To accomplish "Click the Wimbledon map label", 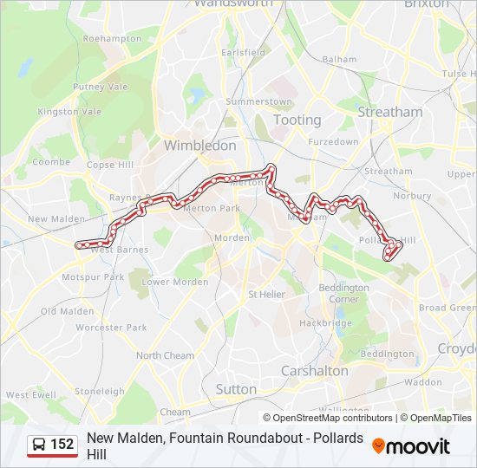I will [x=199, y=146].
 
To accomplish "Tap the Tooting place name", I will [x=297, y=120].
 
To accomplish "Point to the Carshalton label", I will [x=314, y=371].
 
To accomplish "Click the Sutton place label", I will [x=236, y=389].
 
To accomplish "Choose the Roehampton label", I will [x=112, y=39].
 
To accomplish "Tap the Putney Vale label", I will [x=100, y=87].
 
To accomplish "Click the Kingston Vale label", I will [x=69, y=112].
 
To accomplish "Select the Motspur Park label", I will [x=93, y=277].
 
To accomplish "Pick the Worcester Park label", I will [x=111, y=328].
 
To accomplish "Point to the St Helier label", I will [x=266, y=295].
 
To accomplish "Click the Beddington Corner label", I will [x=343, y=293].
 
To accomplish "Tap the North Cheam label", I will [x=165, y=355].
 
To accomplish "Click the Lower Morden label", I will [x=175, y=282].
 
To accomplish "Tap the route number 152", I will [x=62, y=445].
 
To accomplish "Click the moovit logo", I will [x=411, y=446].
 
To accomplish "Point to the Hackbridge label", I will [x=325, y=323].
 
